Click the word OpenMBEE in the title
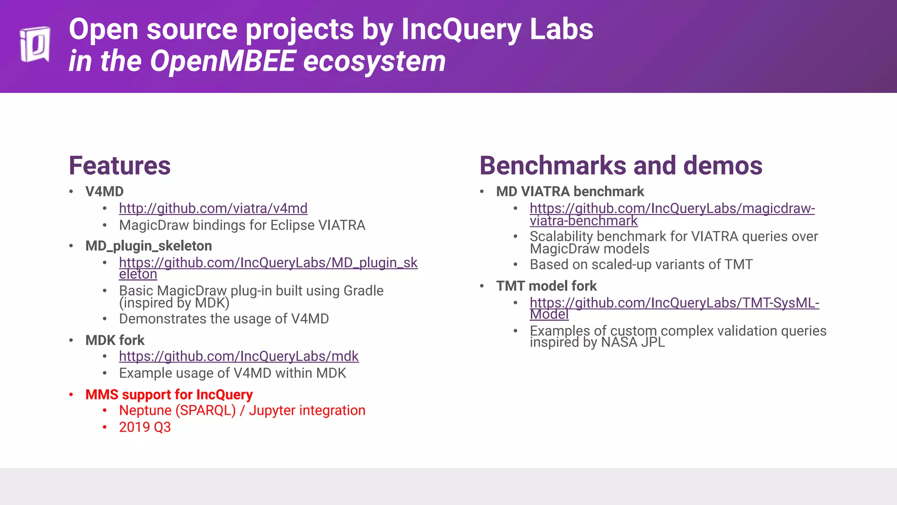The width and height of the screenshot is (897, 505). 223,61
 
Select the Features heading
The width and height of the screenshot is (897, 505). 120,166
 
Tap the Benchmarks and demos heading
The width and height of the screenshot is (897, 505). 621,166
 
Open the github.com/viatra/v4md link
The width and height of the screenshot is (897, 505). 213,208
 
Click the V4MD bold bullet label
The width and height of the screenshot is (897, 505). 104,192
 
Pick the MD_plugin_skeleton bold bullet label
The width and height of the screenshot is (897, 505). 148,246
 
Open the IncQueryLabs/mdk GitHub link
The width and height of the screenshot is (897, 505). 239,356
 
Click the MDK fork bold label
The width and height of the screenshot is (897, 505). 115,340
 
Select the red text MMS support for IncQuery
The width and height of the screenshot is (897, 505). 169,395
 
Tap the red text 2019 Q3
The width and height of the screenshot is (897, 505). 145,427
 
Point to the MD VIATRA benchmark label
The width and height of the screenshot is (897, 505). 570,192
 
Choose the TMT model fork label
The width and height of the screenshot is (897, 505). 546,286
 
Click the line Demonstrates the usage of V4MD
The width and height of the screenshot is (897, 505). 223,319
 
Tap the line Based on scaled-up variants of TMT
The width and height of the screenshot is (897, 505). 641,265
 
